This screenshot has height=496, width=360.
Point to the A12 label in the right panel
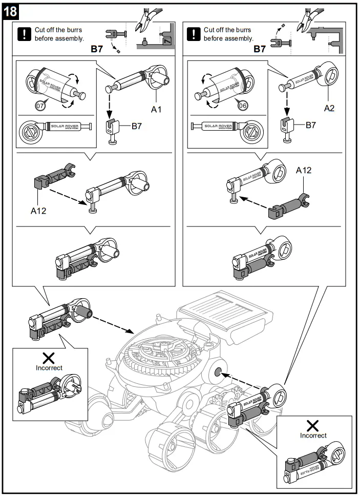[x=303, y=170]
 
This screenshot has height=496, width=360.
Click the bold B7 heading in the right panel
[x=260, y=49]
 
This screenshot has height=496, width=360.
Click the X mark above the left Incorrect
[x=49, y=358]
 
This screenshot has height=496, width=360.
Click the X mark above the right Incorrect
[x=313, y=425]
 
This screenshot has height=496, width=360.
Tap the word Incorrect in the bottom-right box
[x=313, y=436]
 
